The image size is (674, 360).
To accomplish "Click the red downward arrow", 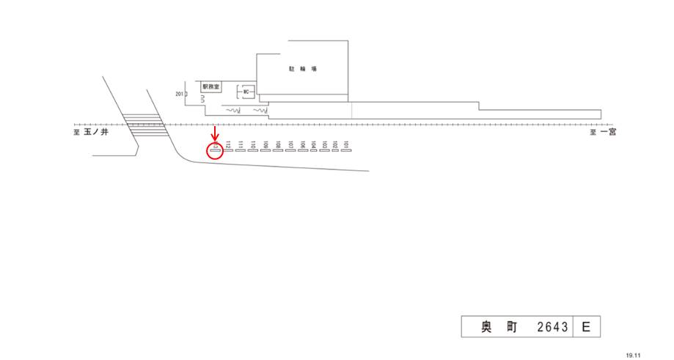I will coord(215,135).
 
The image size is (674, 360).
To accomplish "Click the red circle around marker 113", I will coord(216,151).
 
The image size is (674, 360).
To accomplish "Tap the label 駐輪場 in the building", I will coord(302,69).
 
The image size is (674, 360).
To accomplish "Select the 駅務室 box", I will coord(212,87).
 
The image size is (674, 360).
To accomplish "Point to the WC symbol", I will coord(247,92).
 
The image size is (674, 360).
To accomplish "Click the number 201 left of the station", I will coord(180,94).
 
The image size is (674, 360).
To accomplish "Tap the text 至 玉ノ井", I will coord(91,133).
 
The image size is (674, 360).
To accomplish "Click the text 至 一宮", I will coord(603,133).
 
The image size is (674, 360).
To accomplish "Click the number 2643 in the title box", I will coord(552,327).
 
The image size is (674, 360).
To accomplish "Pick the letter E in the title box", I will coord(586,327).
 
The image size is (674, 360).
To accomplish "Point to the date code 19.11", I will coord(633,355).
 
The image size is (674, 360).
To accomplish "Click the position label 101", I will coord(345,145).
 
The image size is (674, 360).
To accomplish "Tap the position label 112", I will coord(229,145).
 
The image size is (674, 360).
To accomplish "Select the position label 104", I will coord(313,145).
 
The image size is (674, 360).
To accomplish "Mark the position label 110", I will coord(253,145).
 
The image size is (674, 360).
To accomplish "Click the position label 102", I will coord(335,145).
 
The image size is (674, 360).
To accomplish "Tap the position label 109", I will coord(265,145).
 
